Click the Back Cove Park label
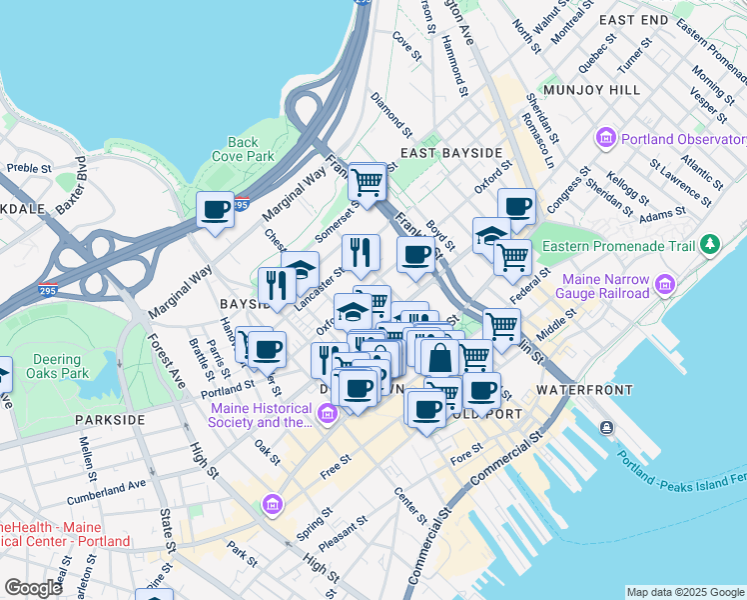coord(243,149)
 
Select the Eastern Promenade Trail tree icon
coord(710,243)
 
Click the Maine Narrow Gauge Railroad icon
coord(664,288)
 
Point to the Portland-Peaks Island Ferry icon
coord(607,428)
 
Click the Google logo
coord(33,588)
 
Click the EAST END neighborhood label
coord(633,20)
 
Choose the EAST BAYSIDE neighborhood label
coord(450,153)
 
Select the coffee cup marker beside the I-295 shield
coord(215,211)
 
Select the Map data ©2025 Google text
coord(684,592)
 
